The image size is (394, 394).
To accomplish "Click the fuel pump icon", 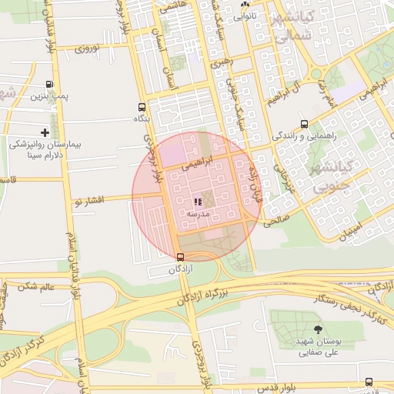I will (50, 85).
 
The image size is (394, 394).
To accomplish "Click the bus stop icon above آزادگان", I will (180, 258).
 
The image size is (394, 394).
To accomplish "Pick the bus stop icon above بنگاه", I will (142, 107).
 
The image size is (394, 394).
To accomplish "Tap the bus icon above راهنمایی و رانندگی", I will (305, 124).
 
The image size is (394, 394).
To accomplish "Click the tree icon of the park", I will (319, 330).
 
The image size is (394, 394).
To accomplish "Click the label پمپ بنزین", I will (50, 97).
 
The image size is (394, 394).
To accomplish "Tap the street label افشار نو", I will (88, 201).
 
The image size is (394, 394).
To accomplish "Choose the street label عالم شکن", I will (38, 286).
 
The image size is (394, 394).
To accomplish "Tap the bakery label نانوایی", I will (245, 15).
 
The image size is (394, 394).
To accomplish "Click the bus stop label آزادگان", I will (180, 269).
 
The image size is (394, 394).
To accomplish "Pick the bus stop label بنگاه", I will (142, 119).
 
